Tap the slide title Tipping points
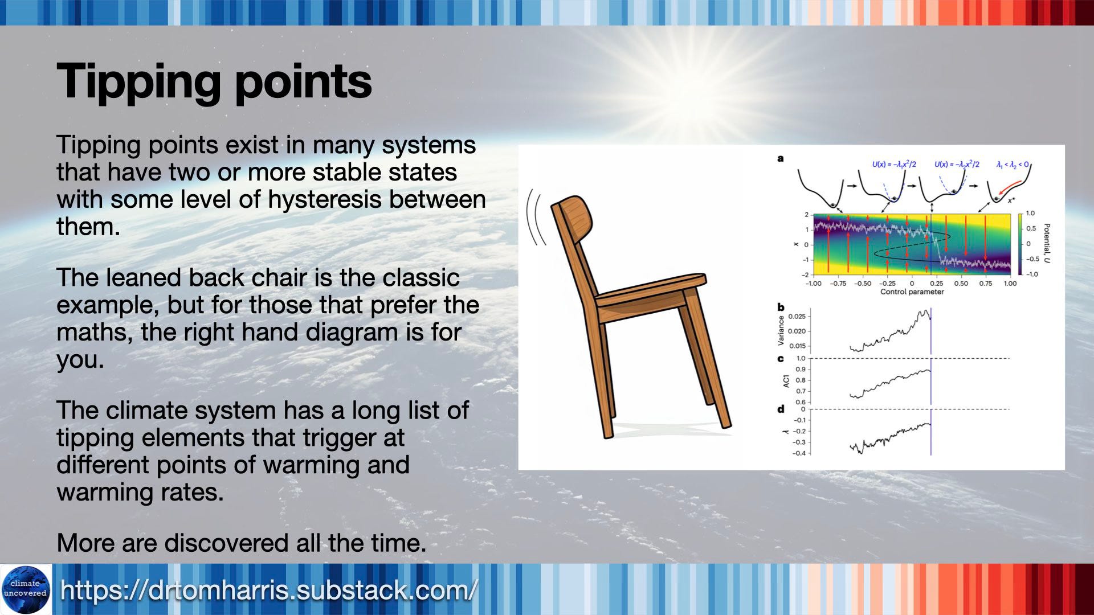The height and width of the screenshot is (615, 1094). [x=214, y=81]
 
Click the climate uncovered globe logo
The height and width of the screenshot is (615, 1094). [x=26, y=589]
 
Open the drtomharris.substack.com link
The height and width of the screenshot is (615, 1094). [x=268, y=591]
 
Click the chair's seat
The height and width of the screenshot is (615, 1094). [x=650, y=290]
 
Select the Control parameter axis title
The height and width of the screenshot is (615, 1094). [x=912, y=292]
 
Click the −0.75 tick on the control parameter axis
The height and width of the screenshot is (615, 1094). [x=838, y=284]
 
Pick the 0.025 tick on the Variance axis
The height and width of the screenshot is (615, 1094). [x=797, y=317]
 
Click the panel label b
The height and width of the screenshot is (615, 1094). [x=781, y=307]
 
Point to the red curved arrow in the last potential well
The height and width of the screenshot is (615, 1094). [x=1008, y=188]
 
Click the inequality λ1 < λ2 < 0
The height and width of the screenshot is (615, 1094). [x=1013, y=165]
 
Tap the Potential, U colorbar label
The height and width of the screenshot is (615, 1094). [x=1047, y=243]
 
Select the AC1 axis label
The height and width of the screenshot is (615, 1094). [x=786, y=381]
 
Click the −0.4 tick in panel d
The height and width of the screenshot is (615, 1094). [x=799, y=453]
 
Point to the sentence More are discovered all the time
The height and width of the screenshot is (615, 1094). [x=242, y=543]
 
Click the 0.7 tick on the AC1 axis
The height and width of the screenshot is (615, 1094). [x=801, y=391]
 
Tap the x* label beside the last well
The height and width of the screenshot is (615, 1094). [x=1011, y=200]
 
